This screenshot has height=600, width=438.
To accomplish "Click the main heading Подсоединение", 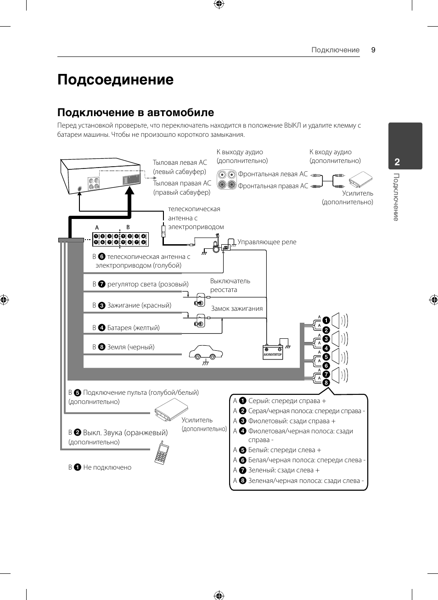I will [x=115, y=80].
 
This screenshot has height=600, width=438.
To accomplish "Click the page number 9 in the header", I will [x=373, y=50].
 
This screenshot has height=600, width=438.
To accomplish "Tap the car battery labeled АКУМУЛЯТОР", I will [x=273, y=352].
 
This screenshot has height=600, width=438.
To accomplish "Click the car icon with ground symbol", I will [x=206, y=353].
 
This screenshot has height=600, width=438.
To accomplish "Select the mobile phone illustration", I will [x=161, y=453].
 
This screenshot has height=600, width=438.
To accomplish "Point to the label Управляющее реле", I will [x=267, y=242].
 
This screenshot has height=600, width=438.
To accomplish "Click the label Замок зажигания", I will [x=236, y=308].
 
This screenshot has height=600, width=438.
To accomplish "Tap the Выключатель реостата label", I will [x=230, y=285].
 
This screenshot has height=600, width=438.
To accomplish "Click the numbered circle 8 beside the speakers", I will [x=326, y=382].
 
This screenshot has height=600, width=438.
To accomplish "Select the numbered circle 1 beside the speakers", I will [x=326, y=320].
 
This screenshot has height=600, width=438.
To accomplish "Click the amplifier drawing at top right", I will [x=360, y=179].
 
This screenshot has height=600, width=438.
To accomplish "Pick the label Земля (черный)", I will [x=130, y=347].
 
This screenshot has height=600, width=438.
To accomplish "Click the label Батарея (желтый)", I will [x=133, y=328].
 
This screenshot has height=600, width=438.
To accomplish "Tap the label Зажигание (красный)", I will [x=139, y=305].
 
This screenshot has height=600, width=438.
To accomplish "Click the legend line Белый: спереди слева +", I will [x=284, y=450].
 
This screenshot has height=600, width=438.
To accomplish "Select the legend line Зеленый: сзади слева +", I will [x=283, y=470].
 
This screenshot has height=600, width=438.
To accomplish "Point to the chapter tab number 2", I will [x=397, y=162].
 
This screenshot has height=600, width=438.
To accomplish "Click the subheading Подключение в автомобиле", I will [x=135, y=112].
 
